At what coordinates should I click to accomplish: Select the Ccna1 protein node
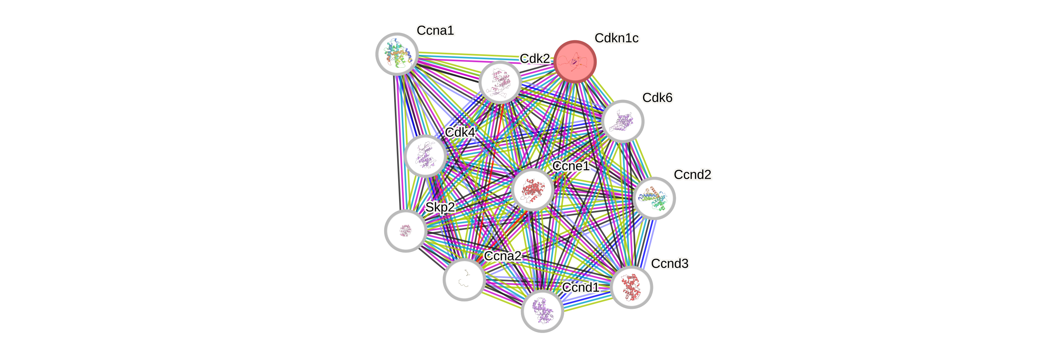click(397, 54)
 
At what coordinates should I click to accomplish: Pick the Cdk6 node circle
click(622, 121)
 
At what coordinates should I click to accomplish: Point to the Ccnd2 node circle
click(654, 198)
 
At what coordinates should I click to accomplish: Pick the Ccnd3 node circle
click(631, 287)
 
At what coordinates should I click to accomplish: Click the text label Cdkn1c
click(616, 38)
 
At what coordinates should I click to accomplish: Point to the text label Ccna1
click(435, 30)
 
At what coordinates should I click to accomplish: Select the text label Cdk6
click(657, 98)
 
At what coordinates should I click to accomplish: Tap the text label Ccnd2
click(692, 175)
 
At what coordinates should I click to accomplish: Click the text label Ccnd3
click(670, 263)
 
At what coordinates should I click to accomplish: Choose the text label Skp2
click(440, 207)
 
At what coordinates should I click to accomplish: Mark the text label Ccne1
click(571, 166)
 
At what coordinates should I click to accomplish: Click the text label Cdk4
click(460, 132)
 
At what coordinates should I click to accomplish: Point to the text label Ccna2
click(503, 256)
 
